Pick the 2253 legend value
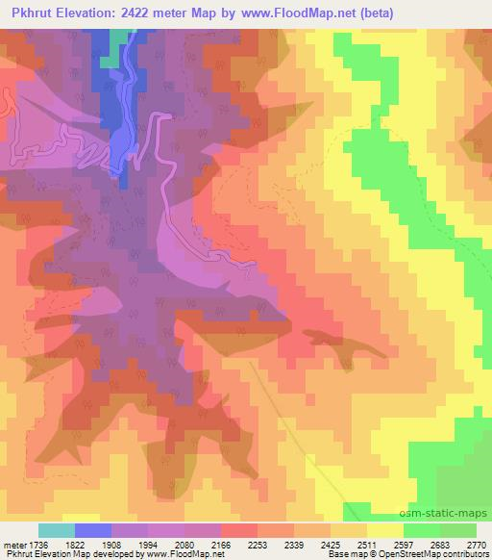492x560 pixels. coord(258,544)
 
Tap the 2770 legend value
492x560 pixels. coord(476,544)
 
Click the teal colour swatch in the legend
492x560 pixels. coord(57,530)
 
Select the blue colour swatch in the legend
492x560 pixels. coord(93,530)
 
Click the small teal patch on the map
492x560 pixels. coord(116,48)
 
